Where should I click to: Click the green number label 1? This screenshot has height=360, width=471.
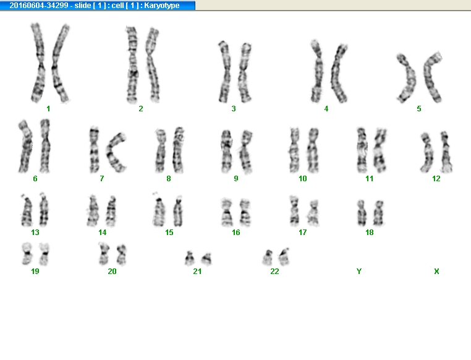(48, 109)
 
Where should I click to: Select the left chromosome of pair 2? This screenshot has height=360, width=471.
(132, 64)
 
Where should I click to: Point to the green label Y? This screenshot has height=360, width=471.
(359, 272)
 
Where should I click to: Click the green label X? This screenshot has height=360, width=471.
(436, 272)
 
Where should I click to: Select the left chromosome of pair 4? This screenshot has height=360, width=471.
(316, 71)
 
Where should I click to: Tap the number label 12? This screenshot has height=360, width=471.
(436, 179)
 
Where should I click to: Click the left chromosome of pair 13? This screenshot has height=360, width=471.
(27, 210)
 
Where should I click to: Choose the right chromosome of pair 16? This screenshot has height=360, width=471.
(245, 212)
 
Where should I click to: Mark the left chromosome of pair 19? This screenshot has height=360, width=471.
(27, 254)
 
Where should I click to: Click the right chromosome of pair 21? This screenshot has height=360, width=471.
(206, 259)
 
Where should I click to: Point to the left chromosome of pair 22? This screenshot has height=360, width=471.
(268, 257)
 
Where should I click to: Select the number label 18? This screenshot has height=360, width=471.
(370, 233)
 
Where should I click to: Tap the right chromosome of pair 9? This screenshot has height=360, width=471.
(246, 152)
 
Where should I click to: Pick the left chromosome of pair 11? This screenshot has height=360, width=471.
(362, 150)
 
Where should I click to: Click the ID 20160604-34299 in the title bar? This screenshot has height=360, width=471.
(39, 6)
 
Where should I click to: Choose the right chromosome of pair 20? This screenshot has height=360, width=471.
(122, 255)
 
